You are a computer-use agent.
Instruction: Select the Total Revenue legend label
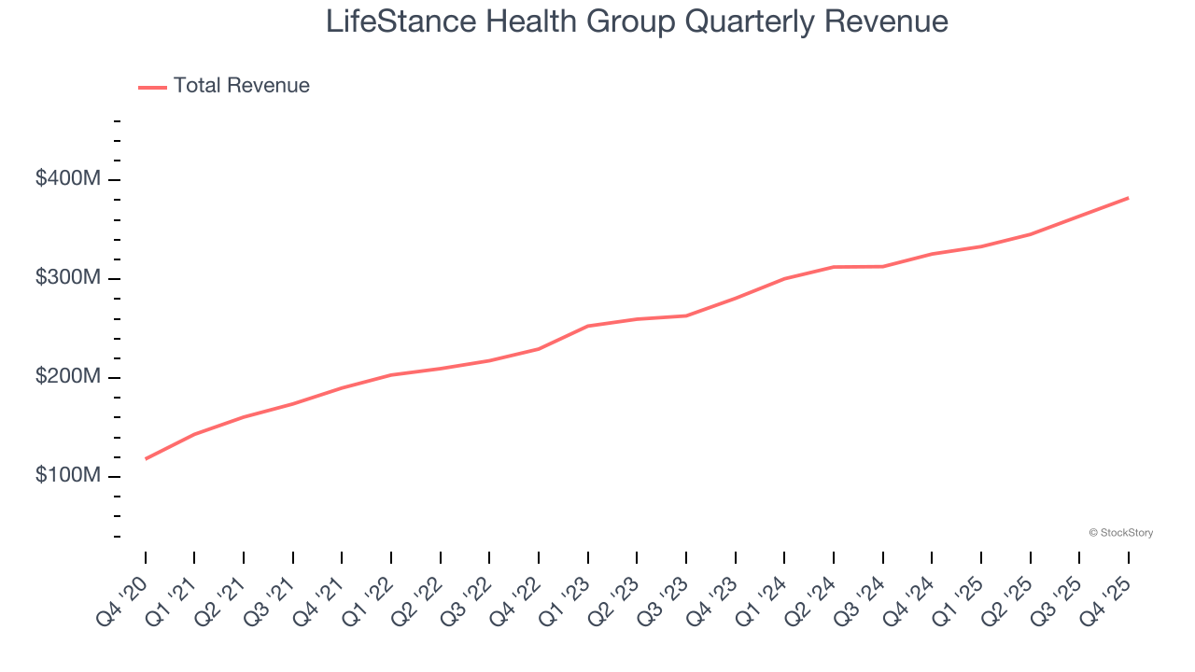pos(241,86)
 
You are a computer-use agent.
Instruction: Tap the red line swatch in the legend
pos(152,87)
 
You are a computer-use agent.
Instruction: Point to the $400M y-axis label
pos(67,178)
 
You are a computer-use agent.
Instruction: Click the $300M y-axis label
pos(67,278)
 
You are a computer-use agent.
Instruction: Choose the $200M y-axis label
pos(67,377)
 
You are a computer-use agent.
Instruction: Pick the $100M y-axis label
pos(67,476)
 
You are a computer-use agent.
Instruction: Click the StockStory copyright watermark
pos(1120,533)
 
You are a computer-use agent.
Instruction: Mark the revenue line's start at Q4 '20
pos(146,458)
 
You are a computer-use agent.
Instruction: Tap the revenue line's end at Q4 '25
pos(1128,198)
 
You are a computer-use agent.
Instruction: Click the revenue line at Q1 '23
pos(588,326)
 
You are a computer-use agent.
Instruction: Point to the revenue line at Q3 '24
pos(883,267)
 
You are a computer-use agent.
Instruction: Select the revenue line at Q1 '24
pos(784,278)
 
